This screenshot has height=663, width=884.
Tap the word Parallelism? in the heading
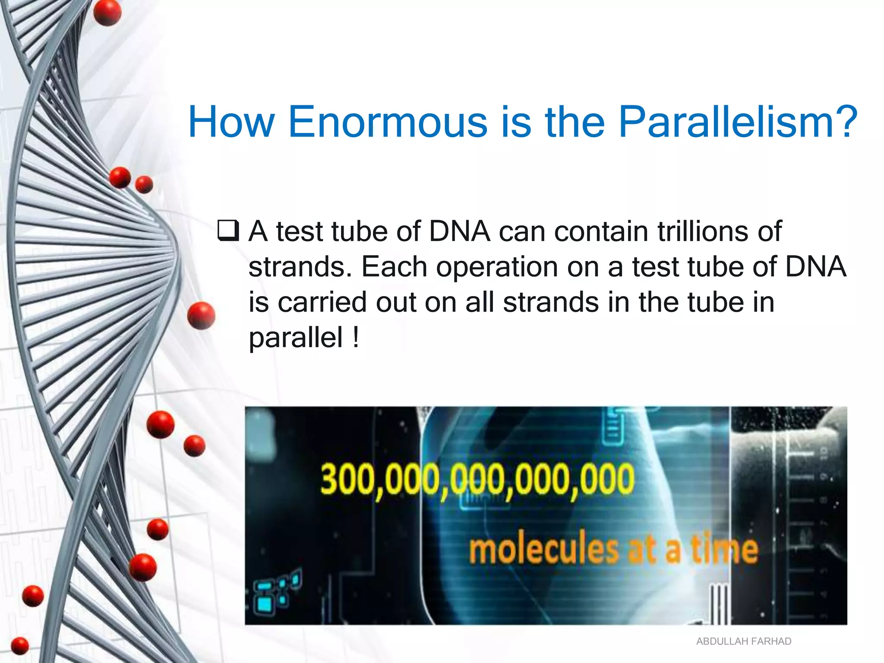point(737,123)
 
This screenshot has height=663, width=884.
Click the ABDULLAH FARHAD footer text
point(743,641)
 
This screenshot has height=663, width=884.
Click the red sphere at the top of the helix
point(107,13)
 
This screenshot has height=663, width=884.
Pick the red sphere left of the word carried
point(201,316)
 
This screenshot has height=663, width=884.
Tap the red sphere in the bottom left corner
point(19,646)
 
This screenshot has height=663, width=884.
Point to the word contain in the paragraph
point(601,231)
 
